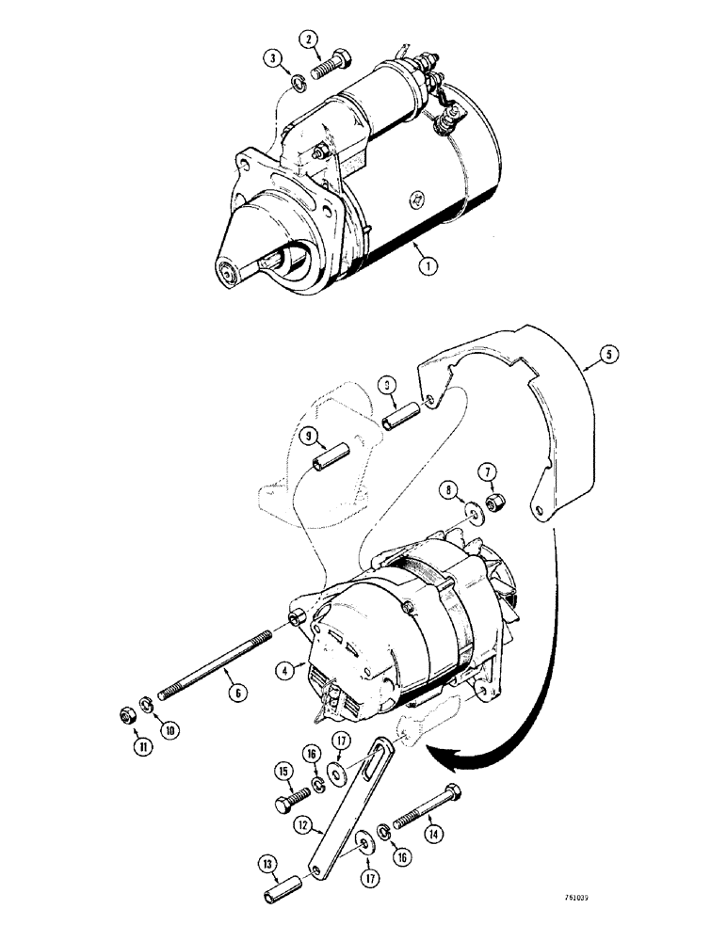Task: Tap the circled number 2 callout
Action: point(308,40)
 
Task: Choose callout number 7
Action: point(489,470)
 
